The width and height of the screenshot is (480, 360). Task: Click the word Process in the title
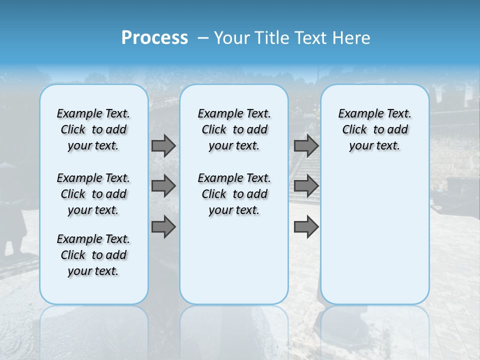point(154,38)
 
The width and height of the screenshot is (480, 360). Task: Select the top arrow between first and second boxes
point(163,145)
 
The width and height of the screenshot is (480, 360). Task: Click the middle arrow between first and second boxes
point(163,186)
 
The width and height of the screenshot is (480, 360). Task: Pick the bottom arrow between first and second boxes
point(163,226)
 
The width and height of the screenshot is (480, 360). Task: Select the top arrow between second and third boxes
point(306,145)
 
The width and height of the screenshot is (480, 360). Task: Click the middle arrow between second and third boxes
point(306,186)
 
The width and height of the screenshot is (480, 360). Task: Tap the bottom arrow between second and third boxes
point(306,226)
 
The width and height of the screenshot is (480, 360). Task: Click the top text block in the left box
point(93,129)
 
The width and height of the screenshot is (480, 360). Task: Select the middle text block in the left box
point(93,194)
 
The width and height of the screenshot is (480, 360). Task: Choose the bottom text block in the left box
point(93,255)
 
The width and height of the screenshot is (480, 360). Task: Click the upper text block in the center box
point(234,129)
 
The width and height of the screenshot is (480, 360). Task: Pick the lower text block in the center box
point(234,194)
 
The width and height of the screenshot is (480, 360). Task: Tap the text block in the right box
point(374,129)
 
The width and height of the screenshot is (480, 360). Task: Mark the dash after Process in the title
point(203,38)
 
